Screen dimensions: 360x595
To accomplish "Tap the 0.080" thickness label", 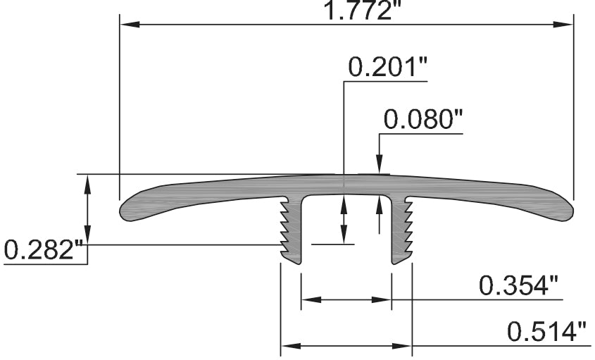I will coord(422,119).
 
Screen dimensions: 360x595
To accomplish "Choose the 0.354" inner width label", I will coord(518,286).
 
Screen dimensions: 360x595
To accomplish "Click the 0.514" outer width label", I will coord(546,332).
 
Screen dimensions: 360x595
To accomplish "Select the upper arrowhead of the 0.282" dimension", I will coord(87,182).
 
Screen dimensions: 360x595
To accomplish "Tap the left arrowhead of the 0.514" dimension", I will coord(289,346).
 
